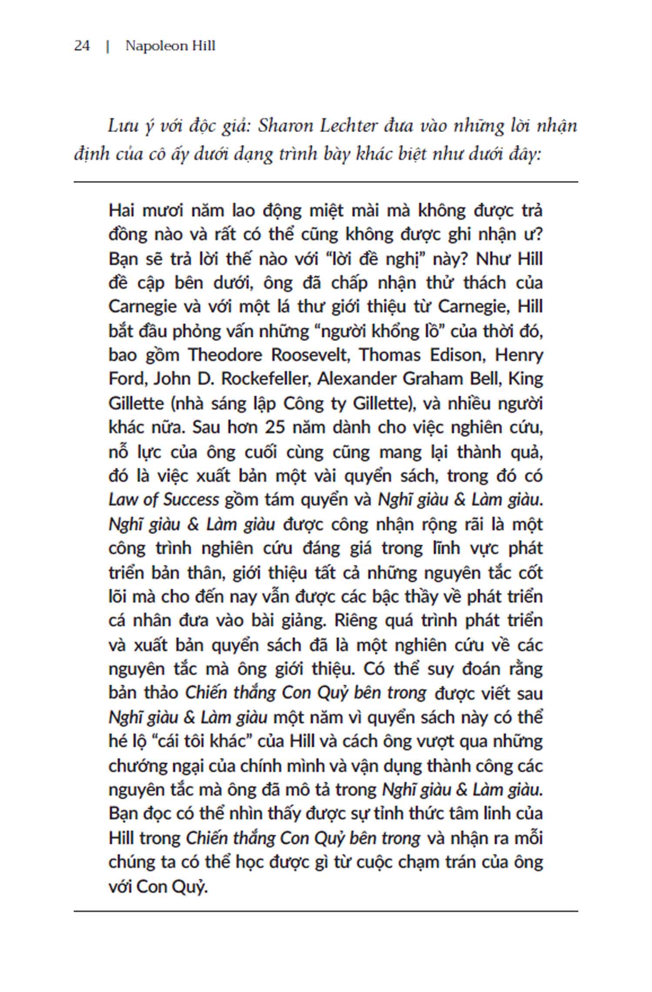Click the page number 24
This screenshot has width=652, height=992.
click(x=82, y=46)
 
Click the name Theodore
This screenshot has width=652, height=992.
click(x=225, y=355)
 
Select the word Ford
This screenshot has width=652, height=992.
click(x=124, y=379)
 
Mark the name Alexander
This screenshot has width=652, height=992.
click(x=356, y=379)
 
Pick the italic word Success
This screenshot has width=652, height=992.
click(x=191, y=499)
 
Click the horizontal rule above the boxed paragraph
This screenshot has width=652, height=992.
click(x=326, y=182)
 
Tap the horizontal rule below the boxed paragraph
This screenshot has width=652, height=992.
click(x=326, y=911)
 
